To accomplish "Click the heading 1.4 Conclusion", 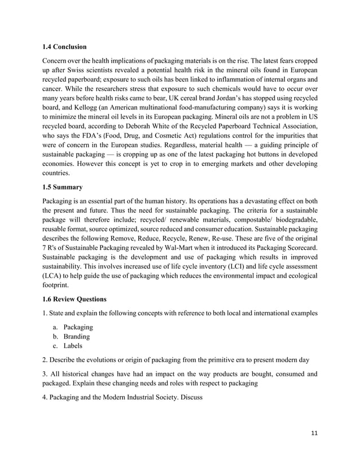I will click(65, 46).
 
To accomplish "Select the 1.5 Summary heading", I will click(63, 187).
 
